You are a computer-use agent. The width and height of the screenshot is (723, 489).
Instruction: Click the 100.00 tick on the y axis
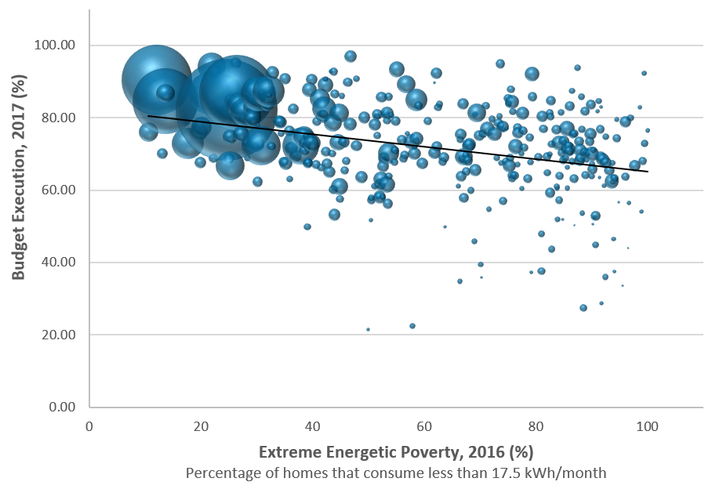[56, 45]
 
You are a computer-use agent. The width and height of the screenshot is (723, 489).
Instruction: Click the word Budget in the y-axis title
[19, 249]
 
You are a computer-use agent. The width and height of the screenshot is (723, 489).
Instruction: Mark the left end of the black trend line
[148, 116]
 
